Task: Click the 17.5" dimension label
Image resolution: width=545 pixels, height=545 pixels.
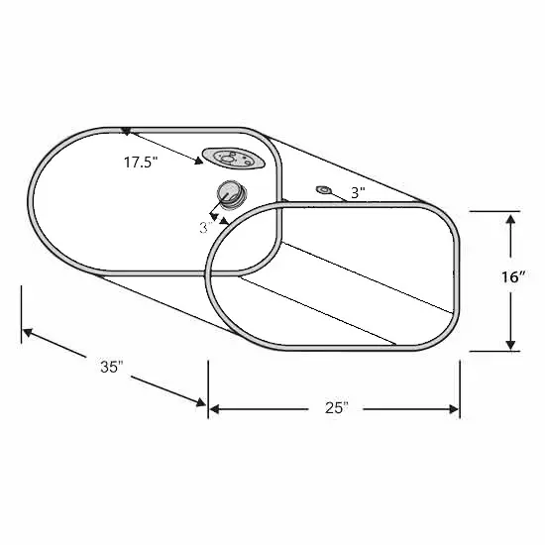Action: coord(141,163)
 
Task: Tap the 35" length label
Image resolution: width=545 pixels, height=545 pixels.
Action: coord(112,367)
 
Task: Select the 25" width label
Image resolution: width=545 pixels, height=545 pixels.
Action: coord(337,407)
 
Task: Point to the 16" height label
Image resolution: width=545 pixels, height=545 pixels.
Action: coord(512,277)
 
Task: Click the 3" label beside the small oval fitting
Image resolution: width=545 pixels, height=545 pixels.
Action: coord(358,192)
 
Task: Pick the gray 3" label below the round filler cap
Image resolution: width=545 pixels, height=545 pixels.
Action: coord(206,228)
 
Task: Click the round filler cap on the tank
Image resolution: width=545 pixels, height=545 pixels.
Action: coord(231,194)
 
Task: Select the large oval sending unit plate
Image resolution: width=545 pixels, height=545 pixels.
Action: coord(234,159)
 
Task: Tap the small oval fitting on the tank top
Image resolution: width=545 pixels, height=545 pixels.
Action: coord(324,190)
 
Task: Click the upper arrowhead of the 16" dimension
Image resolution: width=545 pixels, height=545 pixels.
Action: coord(510,220)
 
